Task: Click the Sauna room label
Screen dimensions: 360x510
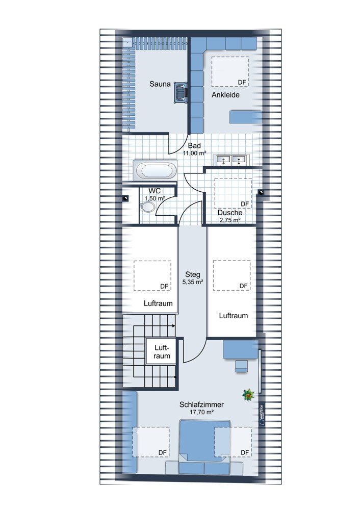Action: click(160, 84)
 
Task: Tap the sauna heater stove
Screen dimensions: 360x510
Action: click(181, 92)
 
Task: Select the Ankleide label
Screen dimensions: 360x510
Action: click(226, 95)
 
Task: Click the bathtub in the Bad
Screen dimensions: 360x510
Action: click(155, 170)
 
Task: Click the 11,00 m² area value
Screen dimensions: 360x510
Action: click(194, 153)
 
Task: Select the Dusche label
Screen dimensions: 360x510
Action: click(230, 213)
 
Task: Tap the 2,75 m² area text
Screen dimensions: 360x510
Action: click(230, 220)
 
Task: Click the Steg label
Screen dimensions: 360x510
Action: click(193, 274)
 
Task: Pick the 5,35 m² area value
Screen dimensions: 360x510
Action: click(193, 282)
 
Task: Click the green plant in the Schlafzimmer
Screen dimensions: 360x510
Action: click(248, 395)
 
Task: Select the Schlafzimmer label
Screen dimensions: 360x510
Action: click(201, 404)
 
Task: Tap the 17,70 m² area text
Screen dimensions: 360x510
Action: click(201, 412)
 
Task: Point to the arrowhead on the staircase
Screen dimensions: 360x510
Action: click(173, 325)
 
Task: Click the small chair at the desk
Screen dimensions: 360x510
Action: click(241, 366)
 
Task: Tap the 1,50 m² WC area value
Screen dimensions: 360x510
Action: click(155, 198)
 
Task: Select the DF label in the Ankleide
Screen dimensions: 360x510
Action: click(242, 83)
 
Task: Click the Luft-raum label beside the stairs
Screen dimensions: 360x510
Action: click(162, 351)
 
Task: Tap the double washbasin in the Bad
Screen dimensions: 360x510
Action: click(231, 160)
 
